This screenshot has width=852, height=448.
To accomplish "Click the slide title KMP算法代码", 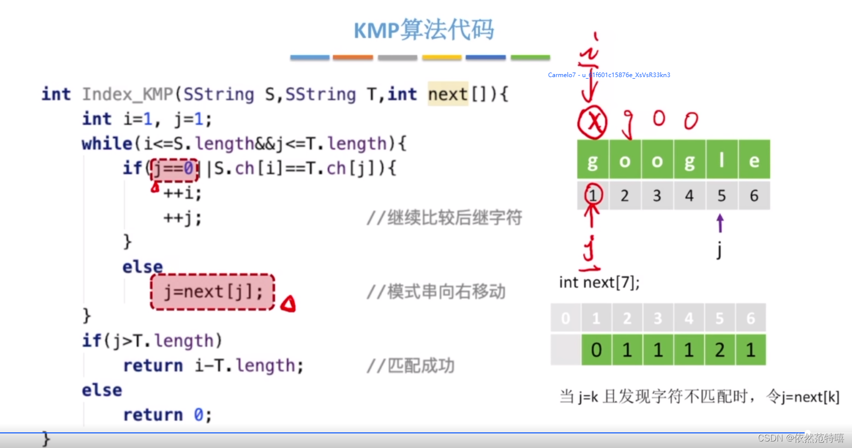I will tap(424, 30).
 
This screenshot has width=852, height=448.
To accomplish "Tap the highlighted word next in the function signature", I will tap(448, 94).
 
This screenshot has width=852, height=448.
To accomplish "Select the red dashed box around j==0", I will tap(174, 169).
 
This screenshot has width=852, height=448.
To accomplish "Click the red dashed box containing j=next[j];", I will tap(212, 292).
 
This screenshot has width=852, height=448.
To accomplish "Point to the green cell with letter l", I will tap(722, 160).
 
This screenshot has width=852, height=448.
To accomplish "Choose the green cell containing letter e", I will tap(754, 160).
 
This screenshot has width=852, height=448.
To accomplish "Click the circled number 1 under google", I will tap(593, 195).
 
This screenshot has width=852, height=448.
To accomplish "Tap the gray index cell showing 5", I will tap(722, 196).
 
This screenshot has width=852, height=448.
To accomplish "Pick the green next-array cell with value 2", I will tap(720, 350).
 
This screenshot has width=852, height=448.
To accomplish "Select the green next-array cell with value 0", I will tap(596, 350).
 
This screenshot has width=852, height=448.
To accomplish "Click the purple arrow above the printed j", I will tap(720, 223).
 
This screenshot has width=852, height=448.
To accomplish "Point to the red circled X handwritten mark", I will tap(593, 122).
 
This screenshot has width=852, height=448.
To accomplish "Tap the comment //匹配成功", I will tap(410, 366).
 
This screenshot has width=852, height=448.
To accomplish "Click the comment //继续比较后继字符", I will tap(444, 218).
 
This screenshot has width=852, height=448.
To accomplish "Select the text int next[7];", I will tap(599, 282).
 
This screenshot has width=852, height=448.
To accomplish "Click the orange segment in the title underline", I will tap(352, 58).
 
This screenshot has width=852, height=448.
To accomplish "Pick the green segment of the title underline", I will tap(530, 58).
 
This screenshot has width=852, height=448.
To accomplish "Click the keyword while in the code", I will tap(107, 144).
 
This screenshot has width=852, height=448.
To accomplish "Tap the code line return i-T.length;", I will tap(214, 365).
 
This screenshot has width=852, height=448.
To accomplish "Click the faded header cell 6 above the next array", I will tap(750, 318).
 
